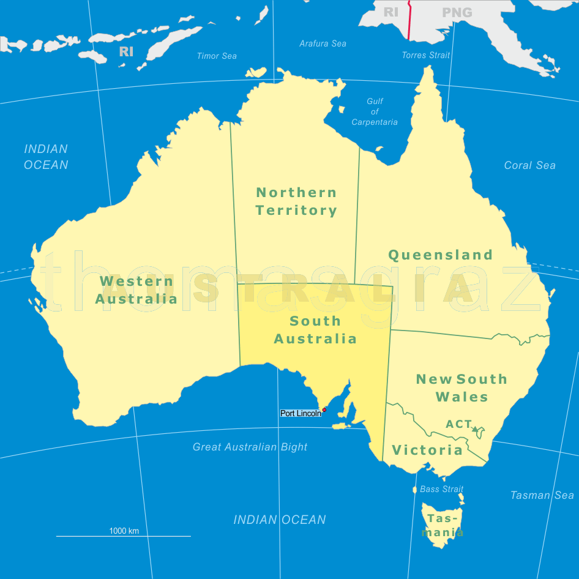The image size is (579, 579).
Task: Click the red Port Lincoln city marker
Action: pyautogui.click(x=324, y=410)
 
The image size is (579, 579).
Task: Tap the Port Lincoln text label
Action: pyautogui.click(x=301, y=414)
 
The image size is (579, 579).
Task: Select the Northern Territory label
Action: pyautogui.click(x=296, y=201)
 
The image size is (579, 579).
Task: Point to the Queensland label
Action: pyautogui.click(x=441, y=255)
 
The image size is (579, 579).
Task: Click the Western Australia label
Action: pyautogui.click(x=136, y=290)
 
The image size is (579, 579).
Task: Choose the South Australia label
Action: pyautogui.click(x=315, y=330)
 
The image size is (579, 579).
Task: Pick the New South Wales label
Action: pyautogui.click(x=462, y=388)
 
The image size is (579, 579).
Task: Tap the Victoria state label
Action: pyautogui.click(x=427, y=450)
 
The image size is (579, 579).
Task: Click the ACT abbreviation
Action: pyautogui.click(x=458, y=424)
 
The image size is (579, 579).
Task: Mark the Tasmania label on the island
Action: pyautogui.click(x=443, y=525)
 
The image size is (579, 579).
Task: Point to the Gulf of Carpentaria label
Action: pyautogui.click(x=375, y=112)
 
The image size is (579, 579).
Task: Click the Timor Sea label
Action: pyautogui.click(x=217, y=56)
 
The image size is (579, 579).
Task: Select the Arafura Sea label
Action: pyautogui.click(x=323, y=43)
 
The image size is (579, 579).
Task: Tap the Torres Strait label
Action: pyautogui.click(x=426, y=55)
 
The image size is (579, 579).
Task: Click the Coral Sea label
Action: pyautogui.click(x=530, y=165)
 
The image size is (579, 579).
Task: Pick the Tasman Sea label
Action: pyautogui.click(x=542, y=495)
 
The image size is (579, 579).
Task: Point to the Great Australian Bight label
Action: pyautogui.click(x=250, y=447)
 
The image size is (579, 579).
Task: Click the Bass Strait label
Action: pyautogui.click(x=442, y=489)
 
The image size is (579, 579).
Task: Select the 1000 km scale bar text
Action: pyautogui.click(x=124, y=531)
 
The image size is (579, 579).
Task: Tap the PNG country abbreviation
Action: pyautogui.click(x=457, y=12)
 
